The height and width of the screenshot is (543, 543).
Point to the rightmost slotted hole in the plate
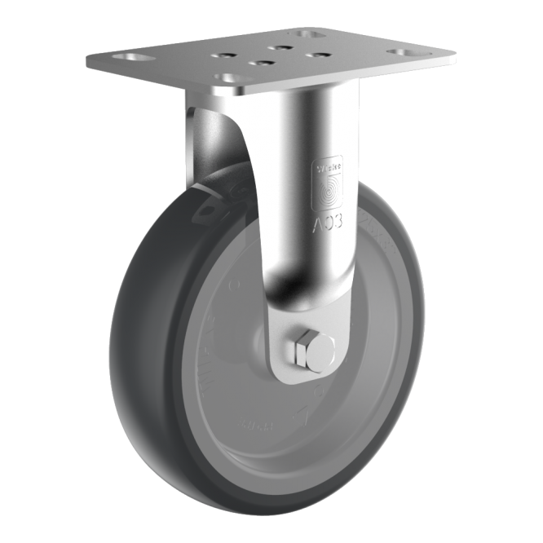(402, 53)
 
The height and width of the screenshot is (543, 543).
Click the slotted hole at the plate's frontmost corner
(227, 78)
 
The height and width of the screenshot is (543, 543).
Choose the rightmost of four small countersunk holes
(320, 55)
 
